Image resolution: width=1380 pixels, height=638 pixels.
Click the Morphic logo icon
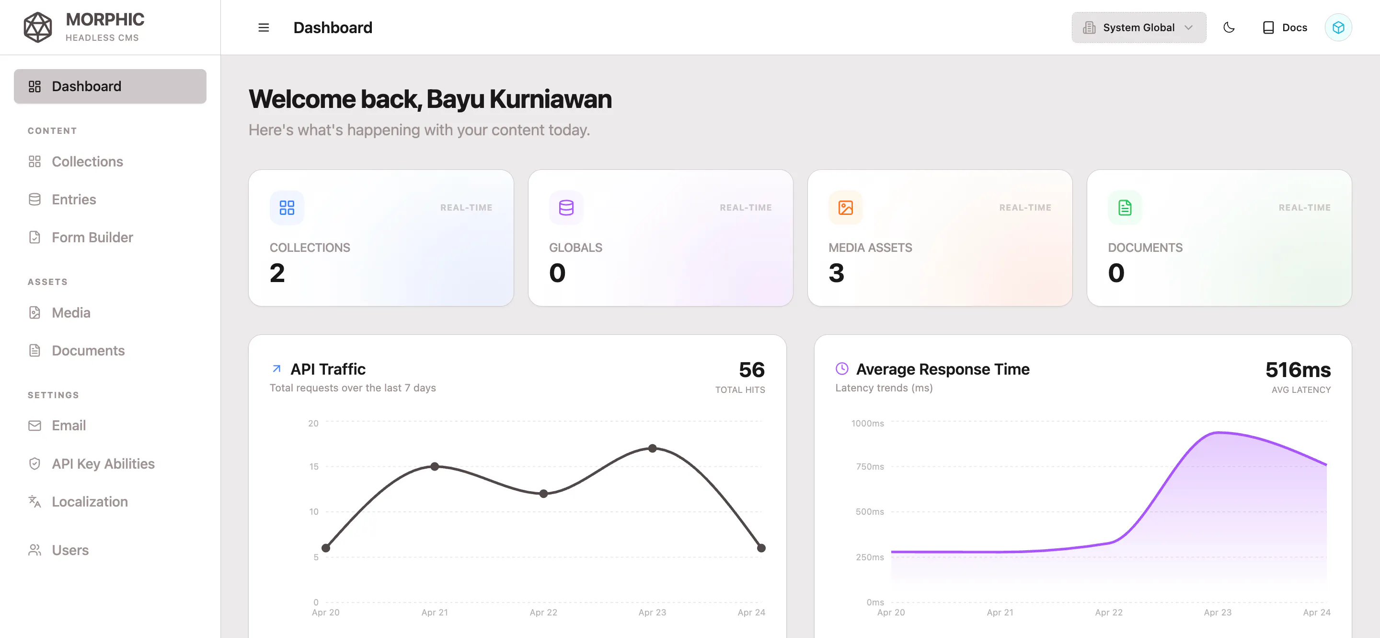(x=38, y=27)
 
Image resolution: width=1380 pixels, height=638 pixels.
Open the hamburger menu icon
(x=264, y=27)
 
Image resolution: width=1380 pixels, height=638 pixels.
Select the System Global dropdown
(x=1138, y=27)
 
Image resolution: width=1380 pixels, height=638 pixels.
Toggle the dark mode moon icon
(x=1229, y=27)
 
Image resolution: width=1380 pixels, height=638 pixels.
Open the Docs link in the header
(x=1285, y=27)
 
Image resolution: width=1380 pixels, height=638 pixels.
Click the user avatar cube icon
(x=1338, y=27)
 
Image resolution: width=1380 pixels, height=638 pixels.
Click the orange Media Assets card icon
(x=845, y=208)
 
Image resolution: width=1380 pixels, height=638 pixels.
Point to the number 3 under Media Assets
(x=836, y=273)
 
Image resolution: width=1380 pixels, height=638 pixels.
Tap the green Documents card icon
(x=1125, y=208)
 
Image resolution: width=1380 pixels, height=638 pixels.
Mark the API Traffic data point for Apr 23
(x=653, y=448)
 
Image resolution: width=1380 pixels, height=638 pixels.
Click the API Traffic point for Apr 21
(x=435, y=466)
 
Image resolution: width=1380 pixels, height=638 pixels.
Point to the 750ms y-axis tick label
(x=870, y=466)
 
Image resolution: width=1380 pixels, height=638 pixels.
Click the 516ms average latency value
(x=1298, y=370)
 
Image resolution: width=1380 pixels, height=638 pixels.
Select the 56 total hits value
(x=752, y=370)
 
